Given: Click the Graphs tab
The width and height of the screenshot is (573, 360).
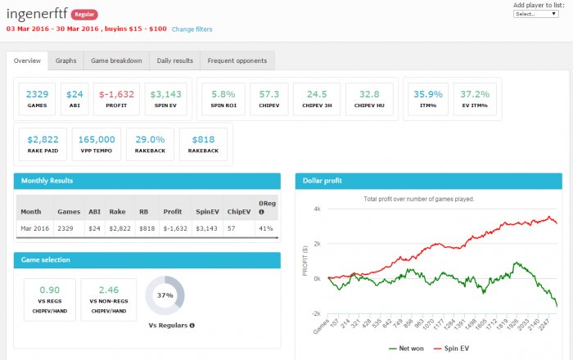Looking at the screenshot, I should click(x=65, y=61).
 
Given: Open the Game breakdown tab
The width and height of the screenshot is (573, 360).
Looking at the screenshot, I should click(x=115, y=61).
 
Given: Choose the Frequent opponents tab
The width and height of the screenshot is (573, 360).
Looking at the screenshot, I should click(x=237, y=61).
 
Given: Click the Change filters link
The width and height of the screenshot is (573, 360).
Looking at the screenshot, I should click(x=192, y=29).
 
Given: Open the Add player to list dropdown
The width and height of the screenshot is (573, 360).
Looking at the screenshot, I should click(x=536, y=13).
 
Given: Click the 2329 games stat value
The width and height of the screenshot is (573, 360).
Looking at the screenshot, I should click(x=37, y=94).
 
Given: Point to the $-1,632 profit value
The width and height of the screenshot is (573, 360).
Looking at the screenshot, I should click(x=115, y=94).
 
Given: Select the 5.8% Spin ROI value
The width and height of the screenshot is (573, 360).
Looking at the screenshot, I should click(x=223, y=94).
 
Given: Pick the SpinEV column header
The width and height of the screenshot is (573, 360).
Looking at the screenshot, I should click(x=207, y=211).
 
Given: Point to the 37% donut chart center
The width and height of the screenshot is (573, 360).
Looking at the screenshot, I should click(x=165, y=295).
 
